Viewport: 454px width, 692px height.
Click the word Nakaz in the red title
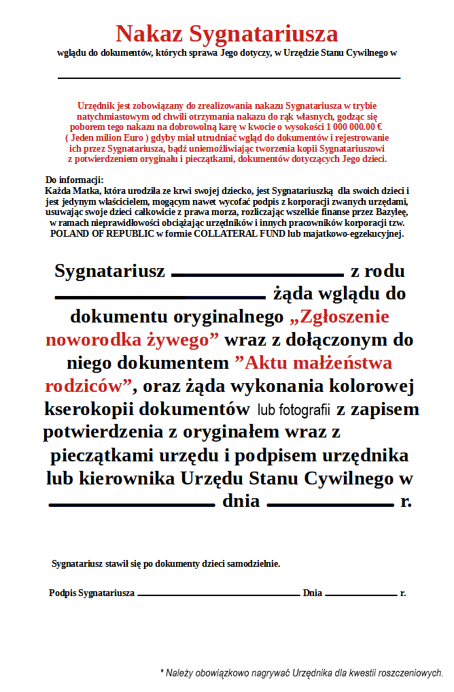click(149, 33)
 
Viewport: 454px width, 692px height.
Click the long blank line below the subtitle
click(229, 78)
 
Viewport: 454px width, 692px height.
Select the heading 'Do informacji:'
click(74, 180)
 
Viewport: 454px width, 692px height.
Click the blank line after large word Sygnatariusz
click(258, 275)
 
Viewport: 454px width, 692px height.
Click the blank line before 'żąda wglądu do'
click(159, 297)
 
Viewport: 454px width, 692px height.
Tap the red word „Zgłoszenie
click(339, 316)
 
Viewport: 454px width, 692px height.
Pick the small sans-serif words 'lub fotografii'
click(294, 410)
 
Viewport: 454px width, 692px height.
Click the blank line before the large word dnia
click(132, 505)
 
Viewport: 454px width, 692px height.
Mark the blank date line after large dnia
click(331, 505)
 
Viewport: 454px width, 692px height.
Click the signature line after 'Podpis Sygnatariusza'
click(218, 595)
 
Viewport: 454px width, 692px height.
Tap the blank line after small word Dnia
click(361, 595)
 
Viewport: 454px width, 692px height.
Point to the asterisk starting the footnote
click(162, 672)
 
